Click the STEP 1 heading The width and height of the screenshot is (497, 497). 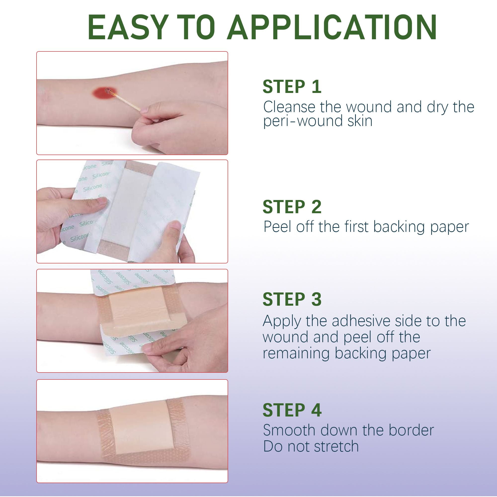point(292,87)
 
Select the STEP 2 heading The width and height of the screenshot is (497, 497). point(292,207)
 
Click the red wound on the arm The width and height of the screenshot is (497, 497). point(104,93)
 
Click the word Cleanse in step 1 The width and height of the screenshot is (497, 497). point(289,107)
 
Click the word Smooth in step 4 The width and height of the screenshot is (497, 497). point(289,430)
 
